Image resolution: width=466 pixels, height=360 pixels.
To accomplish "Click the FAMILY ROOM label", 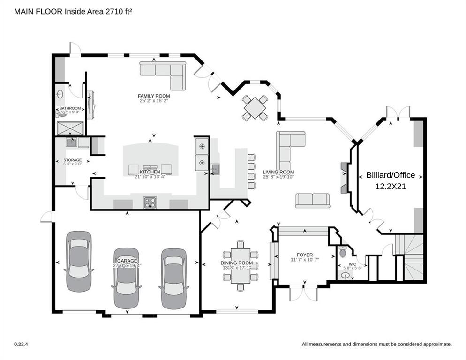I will [154, 96].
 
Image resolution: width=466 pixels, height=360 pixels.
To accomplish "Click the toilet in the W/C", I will [343, 253].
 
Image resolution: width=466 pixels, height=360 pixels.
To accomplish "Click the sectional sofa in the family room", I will [165, 73].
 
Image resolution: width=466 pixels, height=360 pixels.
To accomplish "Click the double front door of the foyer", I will [303, 292].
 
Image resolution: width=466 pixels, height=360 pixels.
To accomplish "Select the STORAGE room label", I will [73, 160].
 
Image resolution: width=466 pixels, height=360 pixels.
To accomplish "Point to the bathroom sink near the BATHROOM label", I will [60, 94].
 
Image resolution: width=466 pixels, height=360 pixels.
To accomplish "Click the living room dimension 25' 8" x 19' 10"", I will [278, 177].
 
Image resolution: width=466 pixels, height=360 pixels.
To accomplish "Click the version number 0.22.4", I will [21, 344].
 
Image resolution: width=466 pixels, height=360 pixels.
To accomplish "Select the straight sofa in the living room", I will [312, 200].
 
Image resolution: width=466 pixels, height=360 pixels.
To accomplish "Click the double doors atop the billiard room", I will [398, 113].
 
